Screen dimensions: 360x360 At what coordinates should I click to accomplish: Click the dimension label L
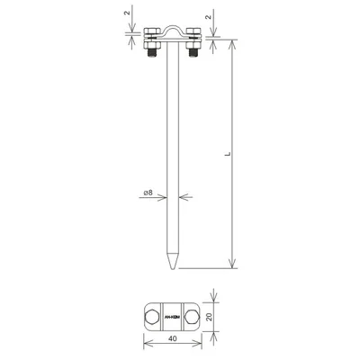227,155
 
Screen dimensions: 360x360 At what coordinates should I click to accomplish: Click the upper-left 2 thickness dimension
125,15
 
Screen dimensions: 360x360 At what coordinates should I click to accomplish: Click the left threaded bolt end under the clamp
149,58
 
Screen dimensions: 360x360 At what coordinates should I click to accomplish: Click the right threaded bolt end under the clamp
191,58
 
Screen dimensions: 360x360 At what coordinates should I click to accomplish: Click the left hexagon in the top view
152,317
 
